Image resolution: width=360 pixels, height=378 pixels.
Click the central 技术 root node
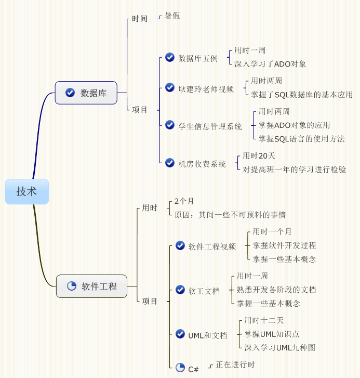click(x=26, y=191)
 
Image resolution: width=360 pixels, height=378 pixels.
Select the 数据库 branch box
click(x=86, y=93)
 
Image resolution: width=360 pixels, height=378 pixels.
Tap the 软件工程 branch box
click(x=91, y=286)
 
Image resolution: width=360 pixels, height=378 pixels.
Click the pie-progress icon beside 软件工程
click(x=72, y=286)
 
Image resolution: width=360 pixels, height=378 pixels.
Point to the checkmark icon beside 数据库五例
click(x=169, y=57)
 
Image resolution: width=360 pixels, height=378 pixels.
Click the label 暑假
click(x=172, y=16)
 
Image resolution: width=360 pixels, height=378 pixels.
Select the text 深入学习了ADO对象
click(x=270, y=64)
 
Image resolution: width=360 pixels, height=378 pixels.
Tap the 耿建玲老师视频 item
click(x=206, y=88)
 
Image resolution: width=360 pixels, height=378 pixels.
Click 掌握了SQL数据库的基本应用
click(x=302, y=95)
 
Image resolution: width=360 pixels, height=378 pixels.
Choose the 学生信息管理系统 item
click(x=210, y=126)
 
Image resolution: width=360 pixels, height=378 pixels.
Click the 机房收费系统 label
click(x=202, y=164)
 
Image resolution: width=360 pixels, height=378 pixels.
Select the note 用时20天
click(x=259, y=156)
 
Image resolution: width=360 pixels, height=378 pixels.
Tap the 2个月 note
click(x=184, y=201)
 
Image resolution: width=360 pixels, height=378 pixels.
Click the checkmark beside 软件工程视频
click(x=180, y=245)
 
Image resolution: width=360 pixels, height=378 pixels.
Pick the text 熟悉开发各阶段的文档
click(x=276, y=290)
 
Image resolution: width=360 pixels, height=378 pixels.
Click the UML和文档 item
click(x=208, y=335)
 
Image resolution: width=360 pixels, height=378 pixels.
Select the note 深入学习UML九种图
click(x=280, y=347)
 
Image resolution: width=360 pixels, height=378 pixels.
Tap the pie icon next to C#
click(x=180, y=368)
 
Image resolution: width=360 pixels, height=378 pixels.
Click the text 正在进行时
click(x=235, y=364)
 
